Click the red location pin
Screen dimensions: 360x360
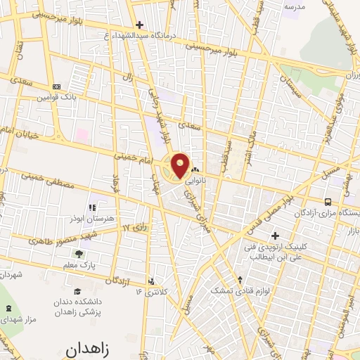181,165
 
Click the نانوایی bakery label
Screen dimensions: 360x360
195,180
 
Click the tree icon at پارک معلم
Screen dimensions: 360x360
78,254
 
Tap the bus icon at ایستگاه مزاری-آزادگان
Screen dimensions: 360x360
328,202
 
